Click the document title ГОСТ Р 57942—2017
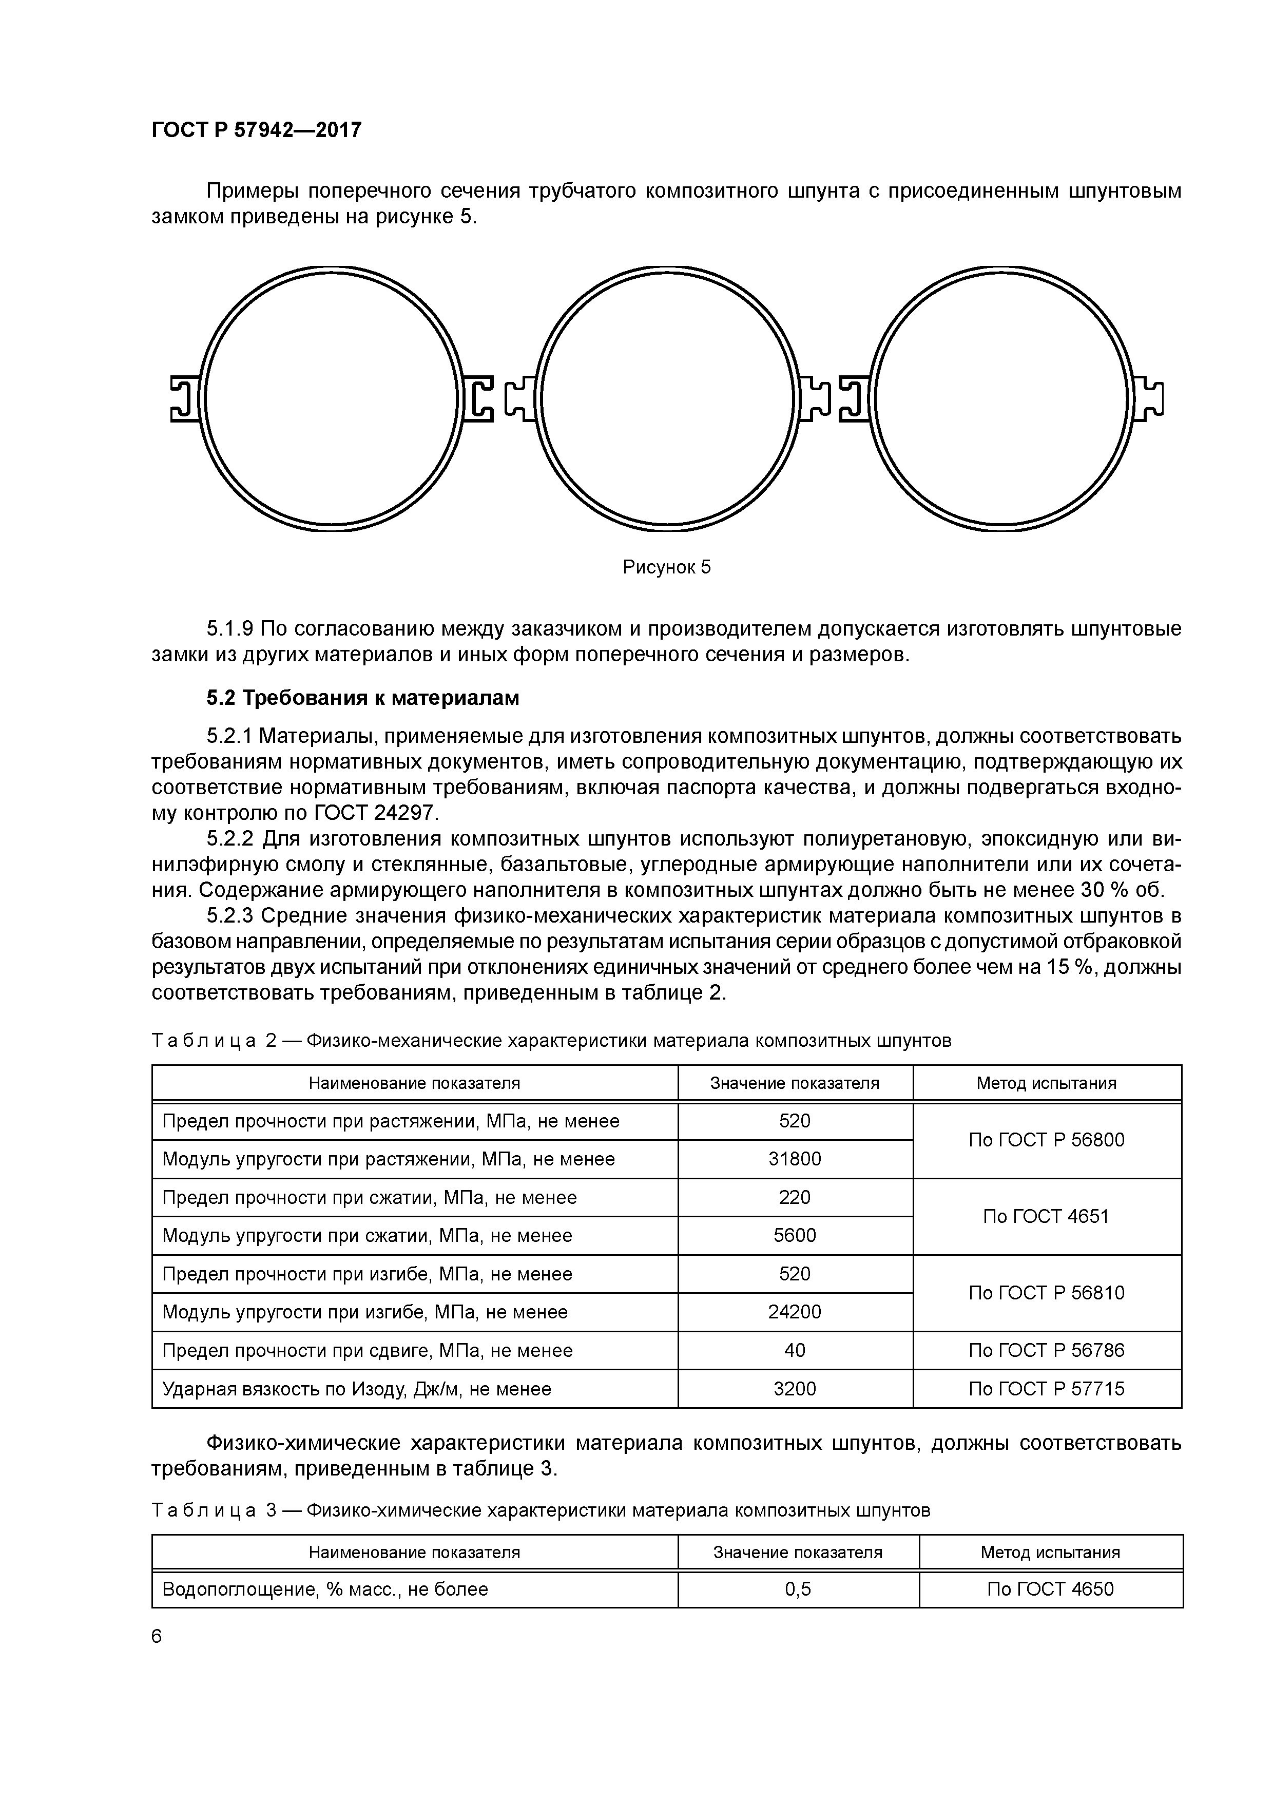pyautogui.click(x=257, y=129)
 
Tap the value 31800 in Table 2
pyautogui.click(x=795, y=1159)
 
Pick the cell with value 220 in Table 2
pyautogui.click(x=795, y=1197)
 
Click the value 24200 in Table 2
pyautogui.click(x=795, y=1312)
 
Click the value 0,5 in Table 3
pyautogui.click(x=798, y=1589)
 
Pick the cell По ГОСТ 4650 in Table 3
pyautogui.click(x=1050, y=1589)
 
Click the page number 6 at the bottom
pyautogui.click(x=157, y=1636)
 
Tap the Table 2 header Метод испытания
pyautogui.click(x=1046, y=1083)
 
